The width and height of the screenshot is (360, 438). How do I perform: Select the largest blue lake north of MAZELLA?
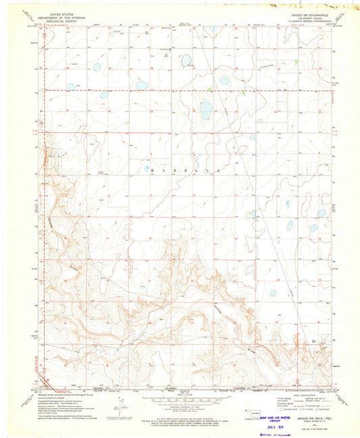205,110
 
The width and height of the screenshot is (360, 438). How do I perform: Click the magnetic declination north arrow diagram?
120,411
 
